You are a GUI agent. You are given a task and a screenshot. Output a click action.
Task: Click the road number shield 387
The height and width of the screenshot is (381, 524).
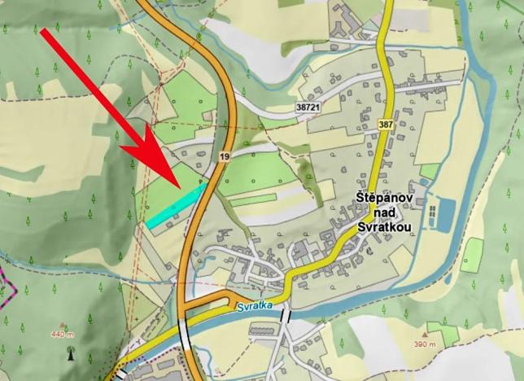[x=385, y=125]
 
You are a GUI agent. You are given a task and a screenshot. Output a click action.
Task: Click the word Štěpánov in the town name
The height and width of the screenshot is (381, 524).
[x=386, y=199]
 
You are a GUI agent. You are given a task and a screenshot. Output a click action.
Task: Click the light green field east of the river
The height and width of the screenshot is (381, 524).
[x=472, y=254]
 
